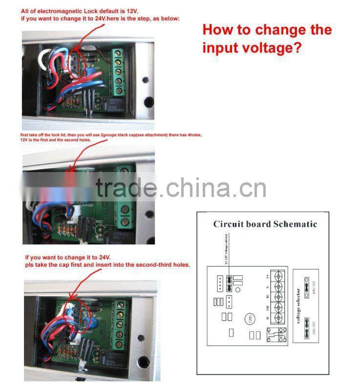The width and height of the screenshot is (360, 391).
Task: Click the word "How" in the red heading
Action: [218, 30]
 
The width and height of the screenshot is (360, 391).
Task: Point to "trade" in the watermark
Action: [126, 188]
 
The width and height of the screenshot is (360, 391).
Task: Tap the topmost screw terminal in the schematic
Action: [279, 277]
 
